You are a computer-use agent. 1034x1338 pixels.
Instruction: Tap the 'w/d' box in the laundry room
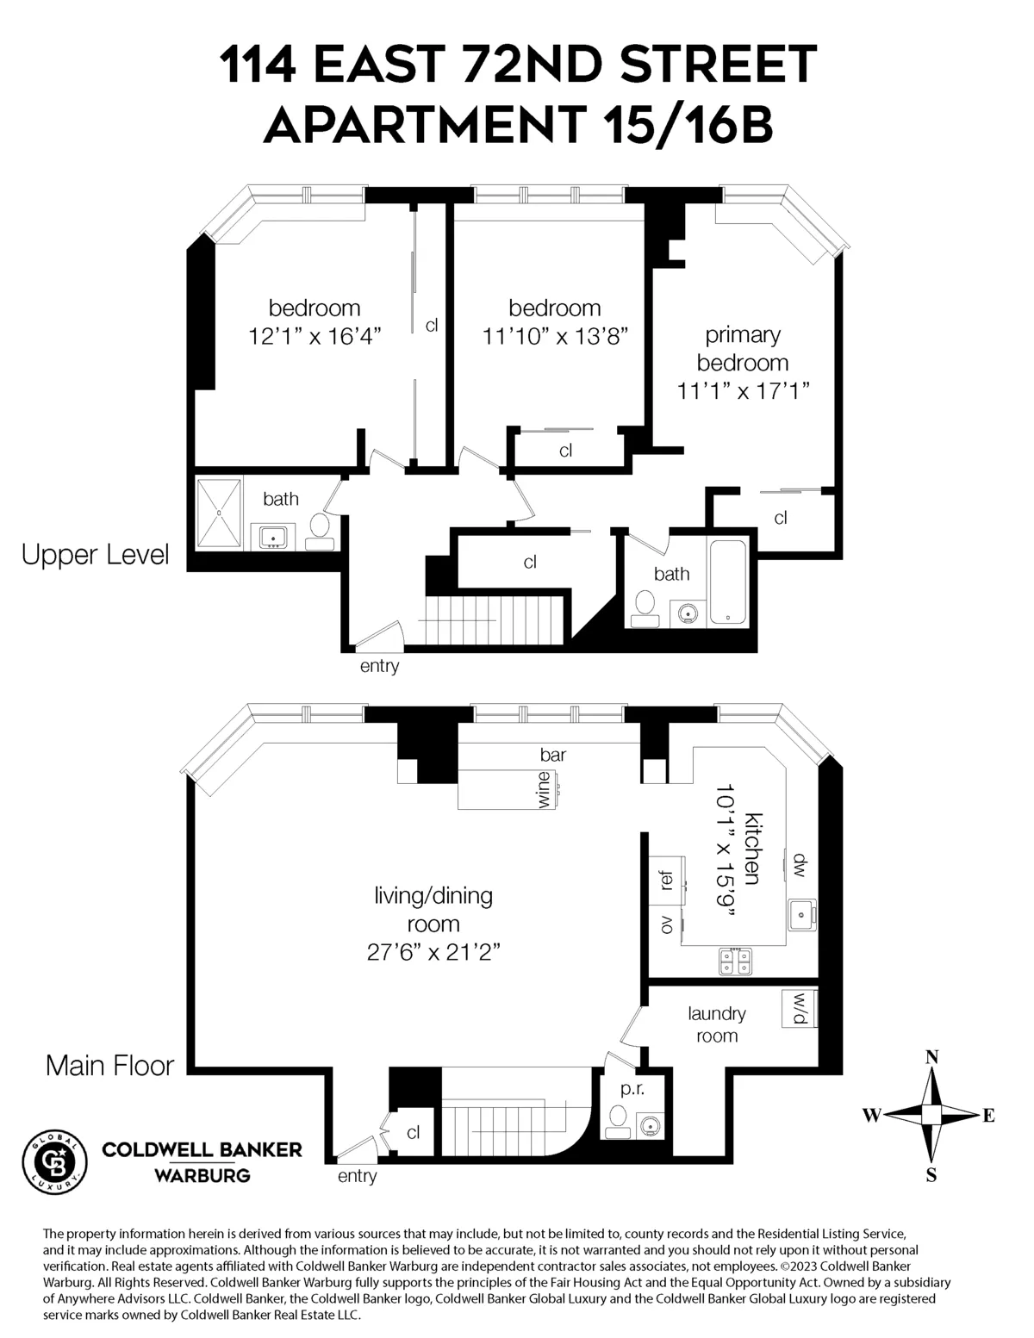799,1009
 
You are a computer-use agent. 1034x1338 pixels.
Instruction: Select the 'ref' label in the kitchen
665,881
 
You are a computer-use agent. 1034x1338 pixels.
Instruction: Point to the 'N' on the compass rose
931,1058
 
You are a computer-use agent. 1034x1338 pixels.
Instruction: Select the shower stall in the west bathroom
219,513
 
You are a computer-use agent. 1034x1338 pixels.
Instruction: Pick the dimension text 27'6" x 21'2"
433,953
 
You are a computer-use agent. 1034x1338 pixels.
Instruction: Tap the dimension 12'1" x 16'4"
315,335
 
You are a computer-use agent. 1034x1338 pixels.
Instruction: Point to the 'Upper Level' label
95,555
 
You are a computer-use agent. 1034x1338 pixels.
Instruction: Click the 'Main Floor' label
109,1066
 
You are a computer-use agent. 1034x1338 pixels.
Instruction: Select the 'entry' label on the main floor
357,1176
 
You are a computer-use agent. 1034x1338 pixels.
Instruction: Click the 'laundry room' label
717,1024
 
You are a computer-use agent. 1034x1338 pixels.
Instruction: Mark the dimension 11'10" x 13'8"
554,335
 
